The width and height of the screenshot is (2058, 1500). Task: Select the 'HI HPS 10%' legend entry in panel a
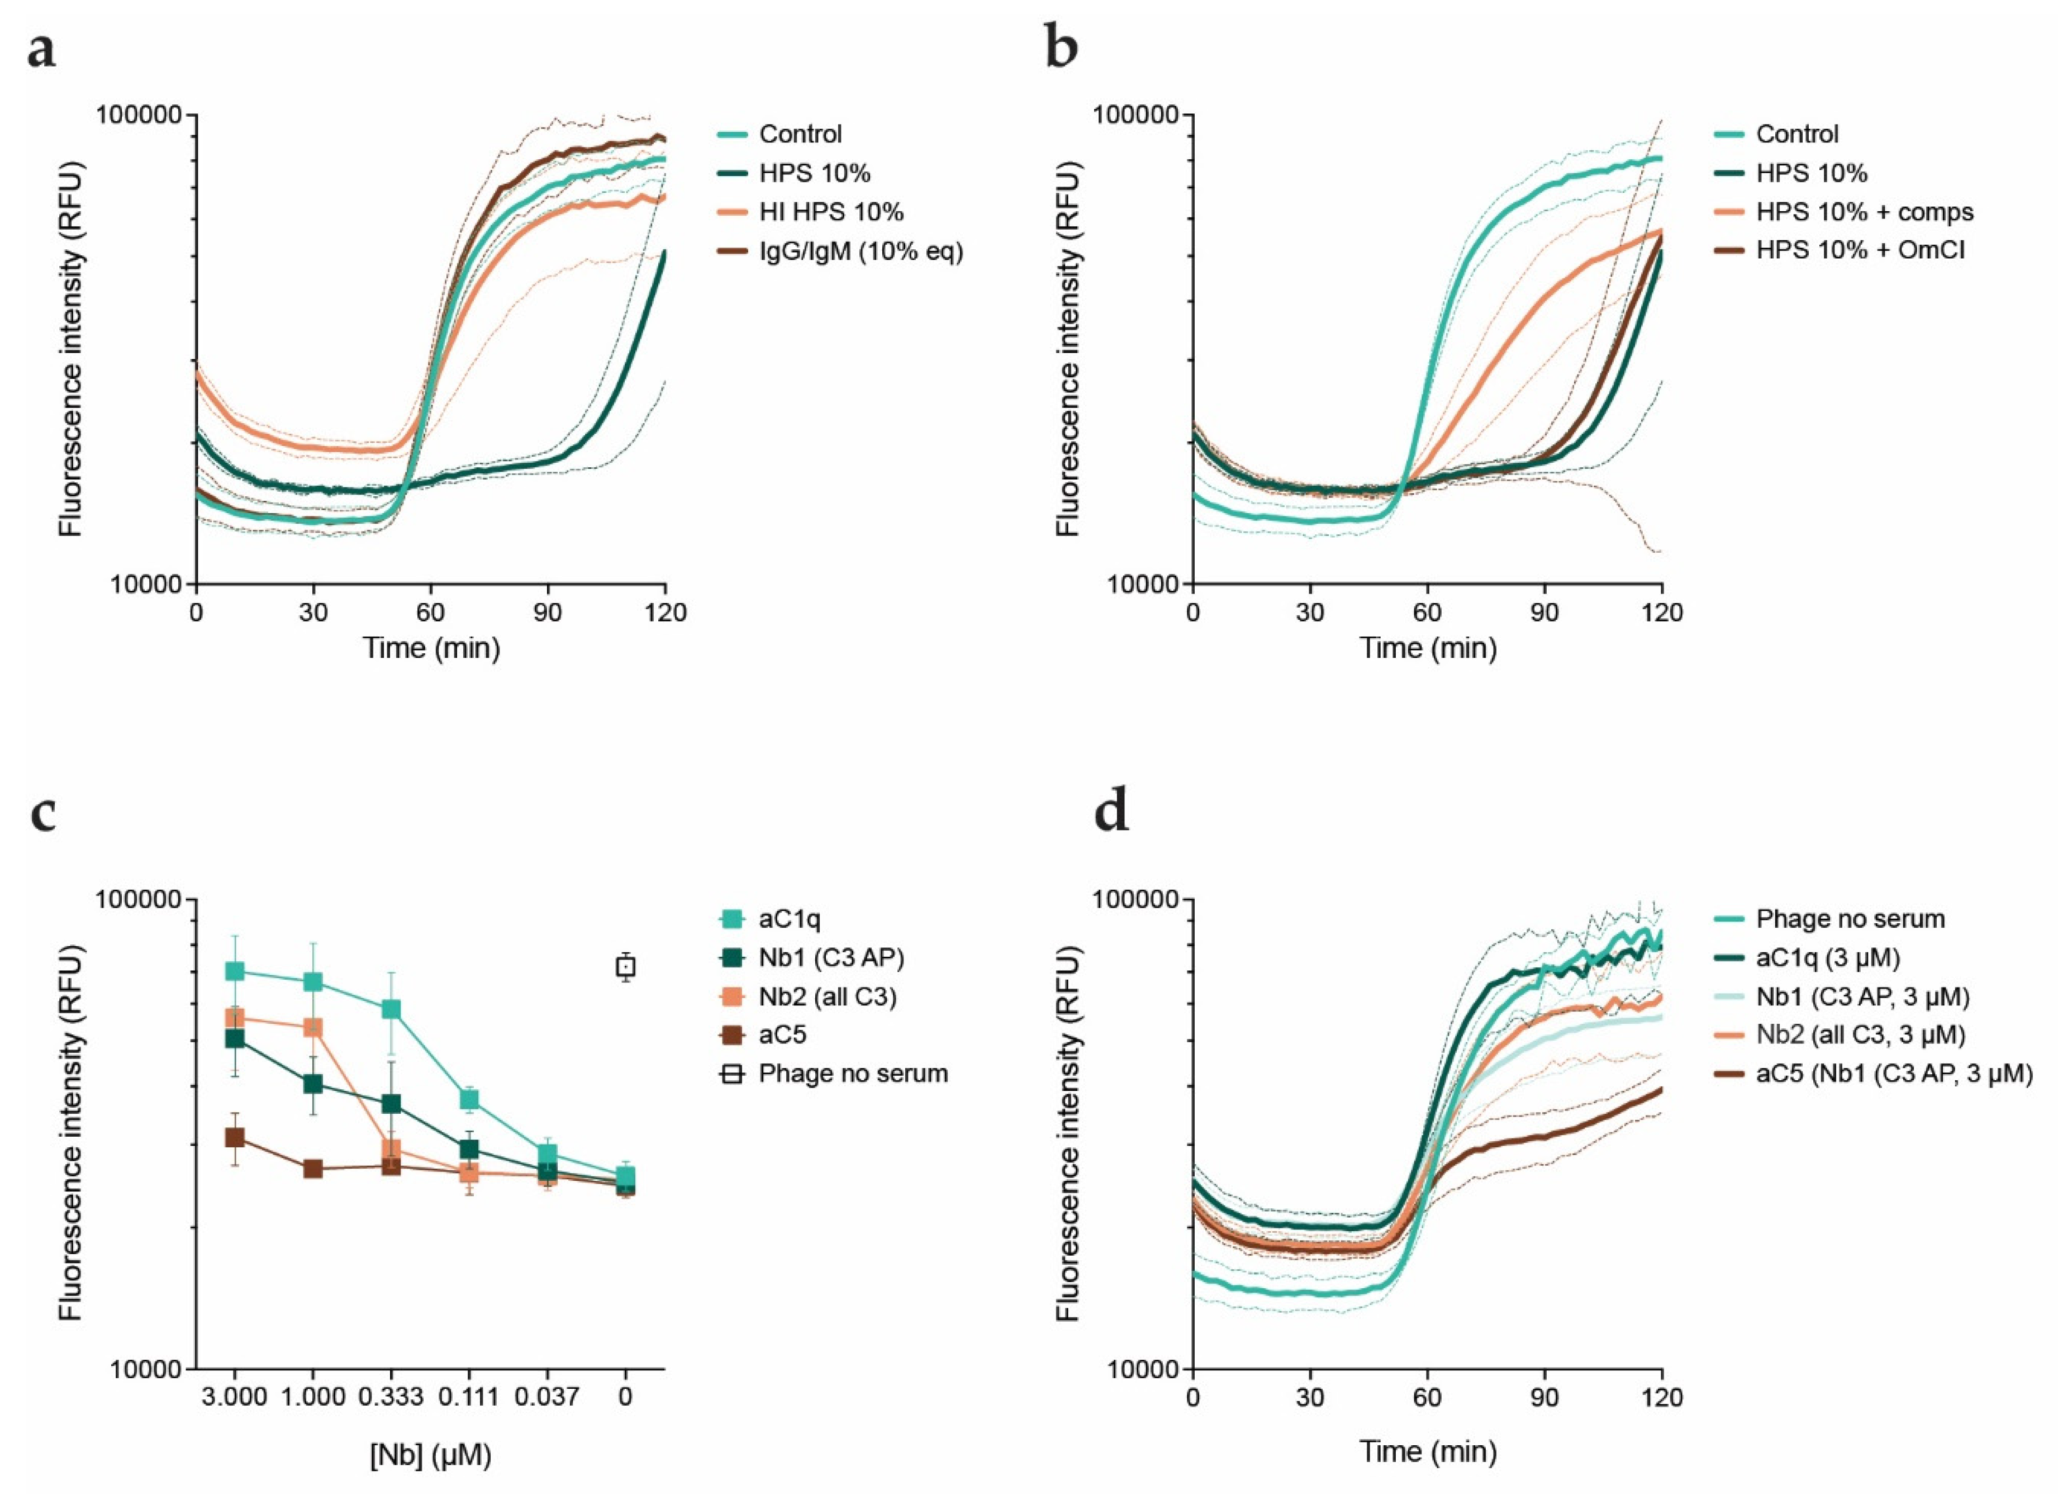click(x=831, y=212)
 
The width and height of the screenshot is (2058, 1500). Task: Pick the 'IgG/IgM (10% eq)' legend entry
click(x=861, y=251)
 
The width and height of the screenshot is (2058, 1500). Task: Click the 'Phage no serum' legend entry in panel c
click(x=853, y=1074)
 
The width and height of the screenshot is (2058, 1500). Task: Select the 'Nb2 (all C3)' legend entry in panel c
click(x=827, y=997)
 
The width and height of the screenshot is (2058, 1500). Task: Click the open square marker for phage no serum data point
click(x=625, y=967)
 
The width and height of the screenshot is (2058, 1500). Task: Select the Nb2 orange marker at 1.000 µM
click(x=313, y=1027)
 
